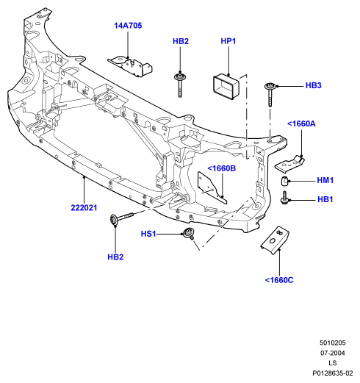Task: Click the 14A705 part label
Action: [x=128, y=26]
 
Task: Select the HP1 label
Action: [x=228, y=41]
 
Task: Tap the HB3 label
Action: [x=314, y=85]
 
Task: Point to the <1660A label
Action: [x=301, y=124]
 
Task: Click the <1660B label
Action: [x=222, y=168]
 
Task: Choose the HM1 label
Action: [x=325, y=180]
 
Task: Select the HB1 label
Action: [x=325, y=199]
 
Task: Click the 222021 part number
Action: [x=84, y=208]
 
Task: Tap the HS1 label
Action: [x=148, y=234]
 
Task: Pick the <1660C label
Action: [x=279, y=280]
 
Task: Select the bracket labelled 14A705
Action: [x=130, y=66]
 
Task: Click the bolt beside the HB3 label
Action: [x=270, y=94]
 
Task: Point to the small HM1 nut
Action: [x=284, y=181]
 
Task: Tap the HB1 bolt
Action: [x=284, y=198]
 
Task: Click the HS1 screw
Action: [x=190, y=233]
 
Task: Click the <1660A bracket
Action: [x=289, y=164]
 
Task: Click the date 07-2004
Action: [x=333, y=353]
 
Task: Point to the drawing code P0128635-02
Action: [x=333, y=373]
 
